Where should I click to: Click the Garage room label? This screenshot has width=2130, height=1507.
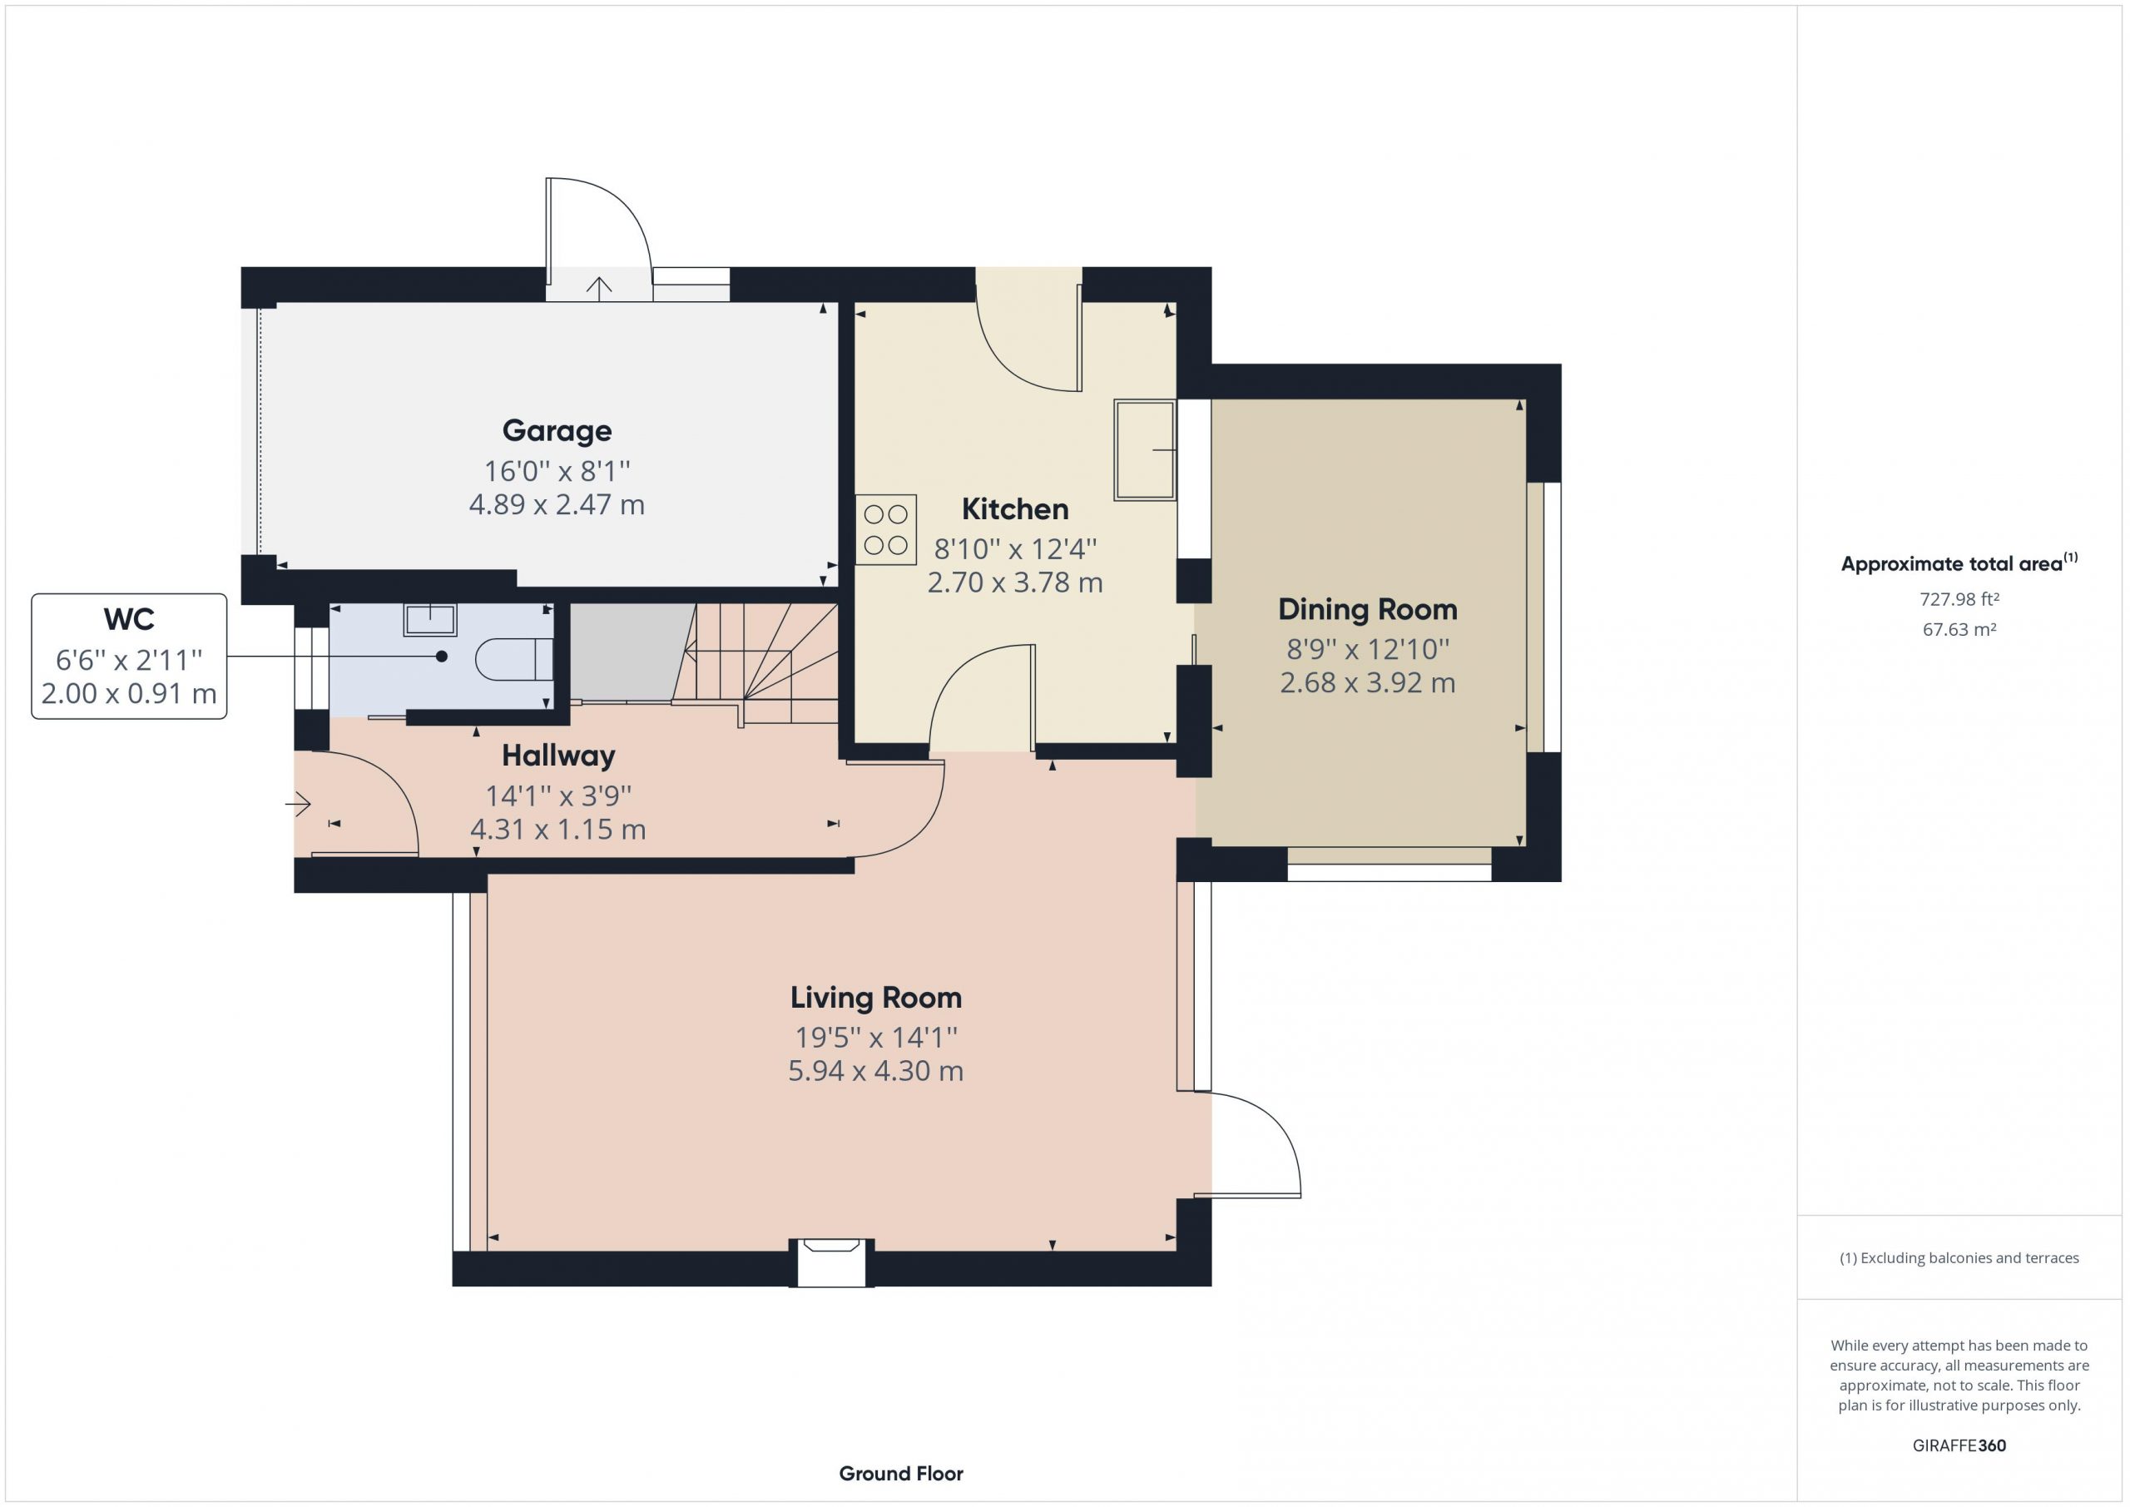click(x=557, y=430)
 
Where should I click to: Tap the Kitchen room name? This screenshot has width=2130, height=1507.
click(x=1015, y=508)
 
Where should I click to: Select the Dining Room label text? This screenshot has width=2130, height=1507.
click(x=1367, y=610)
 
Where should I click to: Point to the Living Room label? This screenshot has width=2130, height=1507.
click(x=876, y=998)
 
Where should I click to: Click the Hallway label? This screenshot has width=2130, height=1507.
click(x=558, y=756)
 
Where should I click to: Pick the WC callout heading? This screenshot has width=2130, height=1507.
click(x=129, y=619)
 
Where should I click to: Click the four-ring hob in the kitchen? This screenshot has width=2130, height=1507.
click(x=886, y=529)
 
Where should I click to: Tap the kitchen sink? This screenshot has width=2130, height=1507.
click(x=1145, y=450)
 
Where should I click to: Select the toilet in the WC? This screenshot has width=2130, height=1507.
click(x=514, y=659)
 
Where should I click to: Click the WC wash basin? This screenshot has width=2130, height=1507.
click(x=429, y=619)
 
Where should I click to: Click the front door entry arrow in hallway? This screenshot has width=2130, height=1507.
click(x=298, y=803)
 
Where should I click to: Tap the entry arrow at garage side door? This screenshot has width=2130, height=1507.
click(x=599, y=289)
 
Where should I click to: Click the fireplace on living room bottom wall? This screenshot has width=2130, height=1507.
click(x=831, y=1262)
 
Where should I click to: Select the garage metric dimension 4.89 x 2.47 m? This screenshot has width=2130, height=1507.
click(x=557, y=505)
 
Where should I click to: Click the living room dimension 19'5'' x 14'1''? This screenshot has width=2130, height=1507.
click(x=876, y=1037)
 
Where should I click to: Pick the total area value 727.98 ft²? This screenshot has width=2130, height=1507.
click(x=1959, y=599)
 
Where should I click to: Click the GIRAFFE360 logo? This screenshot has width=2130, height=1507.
click(x=1959, y=1445)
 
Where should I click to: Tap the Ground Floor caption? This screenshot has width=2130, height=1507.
click(x=901, y=1474)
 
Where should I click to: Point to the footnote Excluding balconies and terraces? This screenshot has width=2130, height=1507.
click(x=1959, y=1258)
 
